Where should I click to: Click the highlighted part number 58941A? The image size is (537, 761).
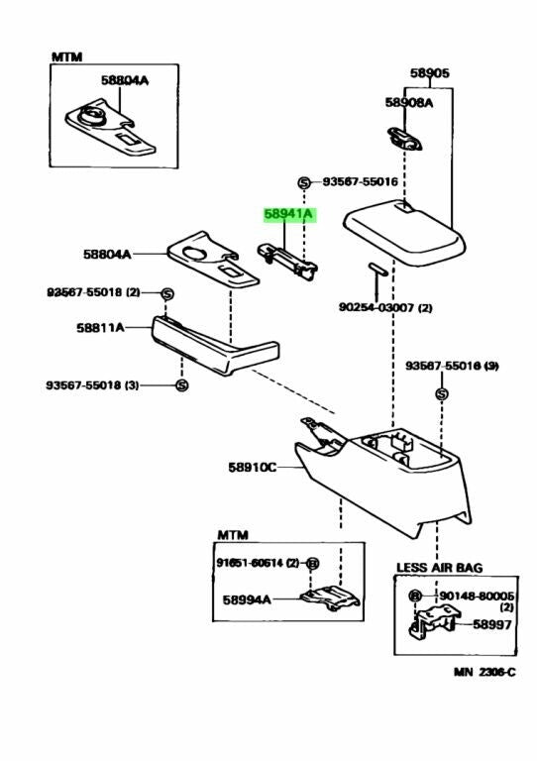click(287, 214)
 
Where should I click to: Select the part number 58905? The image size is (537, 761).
click(430, 72)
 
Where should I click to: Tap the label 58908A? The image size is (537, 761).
click(409, 101)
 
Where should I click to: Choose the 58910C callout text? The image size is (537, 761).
click(252, 466)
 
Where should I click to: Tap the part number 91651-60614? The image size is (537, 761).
click(250, 563)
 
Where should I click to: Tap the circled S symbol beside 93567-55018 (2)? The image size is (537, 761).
click(167, 293)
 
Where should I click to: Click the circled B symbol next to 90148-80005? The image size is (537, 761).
click(415, 596)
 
